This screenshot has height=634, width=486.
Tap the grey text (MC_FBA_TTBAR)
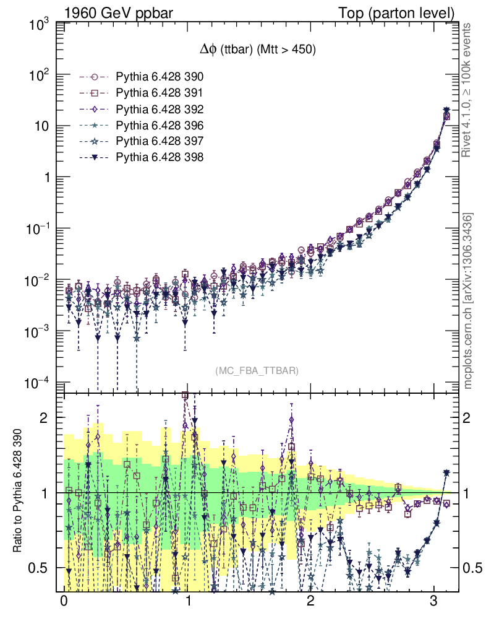click(x=257, y=371)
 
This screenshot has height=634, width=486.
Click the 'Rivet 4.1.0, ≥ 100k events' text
click(x=468, y=90)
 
